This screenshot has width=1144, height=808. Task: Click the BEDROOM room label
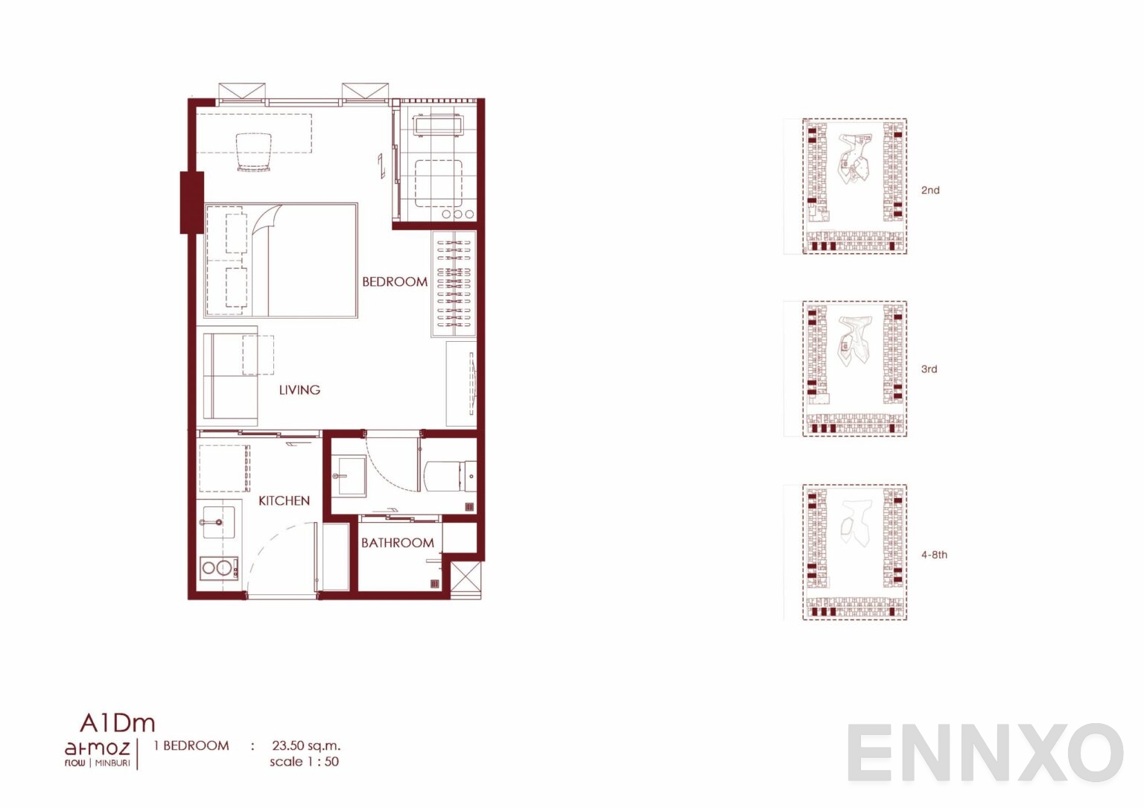[x=395, y=281]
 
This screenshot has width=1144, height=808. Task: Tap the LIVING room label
[x=300, y=389]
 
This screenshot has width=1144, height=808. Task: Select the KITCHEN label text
[x=284, y=500]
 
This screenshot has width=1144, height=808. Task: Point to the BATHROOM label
[x=398, y=542]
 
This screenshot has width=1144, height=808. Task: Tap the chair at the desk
[x=254, y=152]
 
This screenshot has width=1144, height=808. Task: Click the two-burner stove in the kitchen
[x=219, y=568]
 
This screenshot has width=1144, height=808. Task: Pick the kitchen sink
[x=219, y=522]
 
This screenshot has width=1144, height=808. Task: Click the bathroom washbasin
[x=349, y=476]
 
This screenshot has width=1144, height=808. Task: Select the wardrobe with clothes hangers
[x=454, y=284]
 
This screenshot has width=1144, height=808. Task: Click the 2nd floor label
[x=930, y=190]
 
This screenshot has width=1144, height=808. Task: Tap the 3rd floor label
[x=929, y=369]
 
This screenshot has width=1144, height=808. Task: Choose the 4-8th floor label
[x=934, y=555]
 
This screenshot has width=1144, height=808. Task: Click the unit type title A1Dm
[x=117, y=722]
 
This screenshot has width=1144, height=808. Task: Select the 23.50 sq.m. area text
[x=306, y=745]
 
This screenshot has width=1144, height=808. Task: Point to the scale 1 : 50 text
[x=305, y=762]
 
